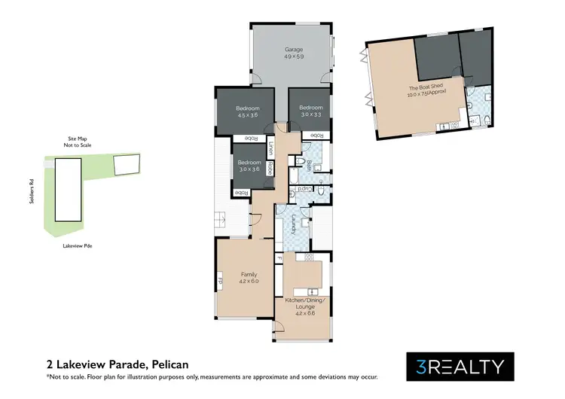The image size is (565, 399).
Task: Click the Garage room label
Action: coord(294,50)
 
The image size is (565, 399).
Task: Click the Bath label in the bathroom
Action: coord(309,165)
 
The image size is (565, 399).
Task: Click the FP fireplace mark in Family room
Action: coord(221,282)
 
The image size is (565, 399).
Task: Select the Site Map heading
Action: coord(78,139)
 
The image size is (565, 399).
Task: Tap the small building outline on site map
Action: coord(124,163)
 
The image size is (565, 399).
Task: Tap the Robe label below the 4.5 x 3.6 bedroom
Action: coord(249,139)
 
